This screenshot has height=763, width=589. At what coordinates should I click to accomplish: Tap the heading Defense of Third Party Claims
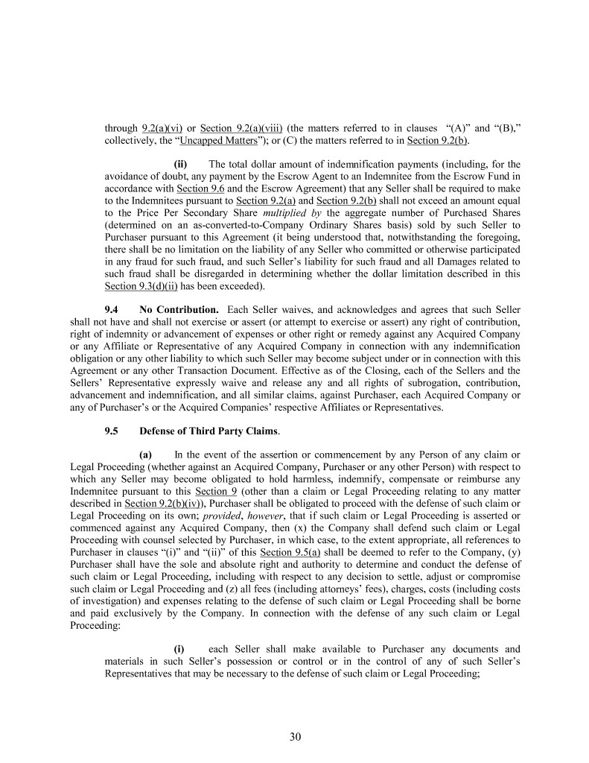click(209, 431)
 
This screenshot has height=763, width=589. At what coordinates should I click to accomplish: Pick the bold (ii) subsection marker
click(180, 164)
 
